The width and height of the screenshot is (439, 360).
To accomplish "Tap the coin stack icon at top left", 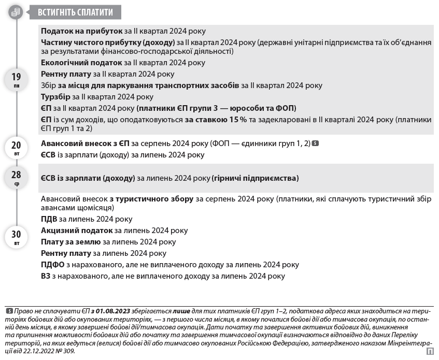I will [x=16, y=12].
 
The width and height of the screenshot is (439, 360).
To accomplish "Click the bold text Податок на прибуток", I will [x=81, y=31].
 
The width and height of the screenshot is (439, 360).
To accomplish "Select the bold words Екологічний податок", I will [x=81, y=63].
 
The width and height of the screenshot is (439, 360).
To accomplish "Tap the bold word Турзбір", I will [x=55, y=97].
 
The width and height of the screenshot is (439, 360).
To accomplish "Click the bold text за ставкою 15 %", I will [x=216, y=120].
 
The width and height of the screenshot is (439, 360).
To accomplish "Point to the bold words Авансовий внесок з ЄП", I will [x=85, y=143].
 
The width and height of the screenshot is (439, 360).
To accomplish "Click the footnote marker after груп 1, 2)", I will [x=316, y=143].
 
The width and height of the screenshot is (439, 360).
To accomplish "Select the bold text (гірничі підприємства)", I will [x=256, y=178].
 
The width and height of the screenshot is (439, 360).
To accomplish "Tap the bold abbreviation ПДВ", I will [x=49, y=219].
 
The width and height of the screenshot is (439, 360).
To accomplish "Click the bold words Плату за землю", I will [x=70, y=242].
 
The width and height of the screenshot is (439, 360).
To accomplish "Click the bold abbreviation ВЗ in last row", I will [x=46, y=276].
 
